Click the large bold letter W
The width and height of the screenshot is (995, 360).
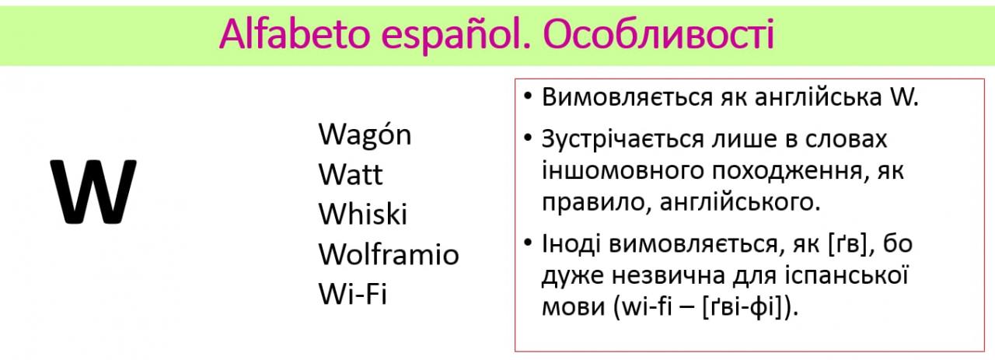[93, 191]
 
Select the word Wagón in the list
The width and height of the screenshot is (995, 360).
[365, 135]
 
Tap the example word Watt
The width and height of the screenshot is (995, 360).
[350, 174]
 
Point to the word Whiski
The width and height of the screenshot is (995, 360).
[362, 214]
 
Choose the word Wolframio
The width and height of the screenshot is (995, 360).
[389, 253]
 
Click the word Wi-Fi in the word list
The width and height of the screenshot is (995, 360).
[353, 293]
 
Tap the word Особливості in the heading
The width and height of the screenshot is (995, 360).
[658, 34]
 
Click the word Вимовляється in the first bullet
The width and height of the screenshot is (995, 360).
[627, 97]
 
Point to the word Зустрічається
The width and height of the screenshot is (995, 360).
[623, 139]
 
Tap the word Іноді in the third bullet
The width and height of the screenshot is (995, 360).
[571, 243]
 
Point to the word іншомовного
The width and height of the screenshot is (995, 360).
[623, 171]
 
